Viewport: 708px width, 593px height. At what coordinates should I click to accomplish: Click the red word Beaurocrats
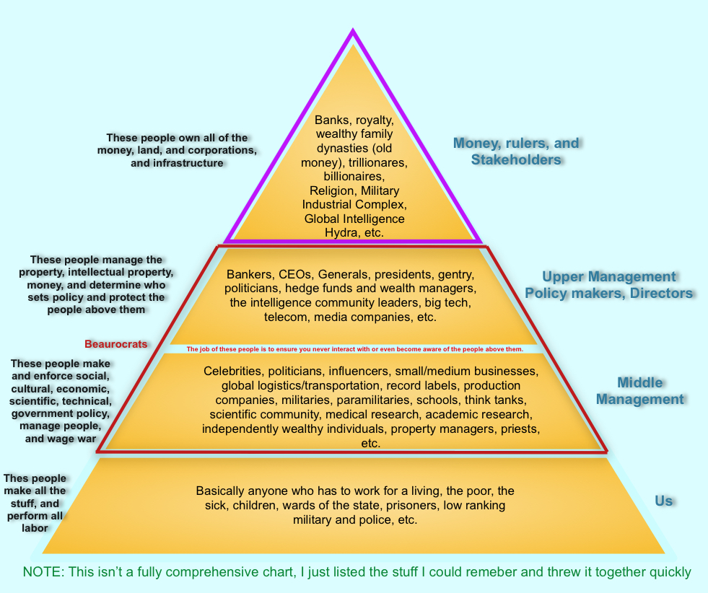pyautogui.click(x=116, y=344)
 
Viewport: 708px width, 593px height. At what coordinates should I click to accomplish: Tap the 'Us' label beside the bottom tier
pyautogui.click(x=664, y=500)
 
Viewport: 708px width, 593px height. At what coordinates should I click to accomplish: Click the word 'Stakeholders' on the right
pyautogui.click(x=516, y=159)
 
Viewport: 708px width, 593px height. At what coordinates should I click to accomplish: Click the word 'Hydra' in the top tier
pyautogui.click(x=344, y=232)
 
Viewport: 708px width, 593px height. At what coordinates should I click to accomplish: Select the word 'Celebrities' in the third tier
pyautogui.click(x=233, y=372)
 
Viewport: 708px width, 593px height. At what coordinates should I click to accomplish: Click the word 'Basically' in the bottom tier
pyautogui.click(x=221, y=491)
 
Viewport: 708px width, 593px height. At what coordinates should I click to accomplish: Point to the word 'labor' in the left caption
pyautogui.click(x=34, y=527)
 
